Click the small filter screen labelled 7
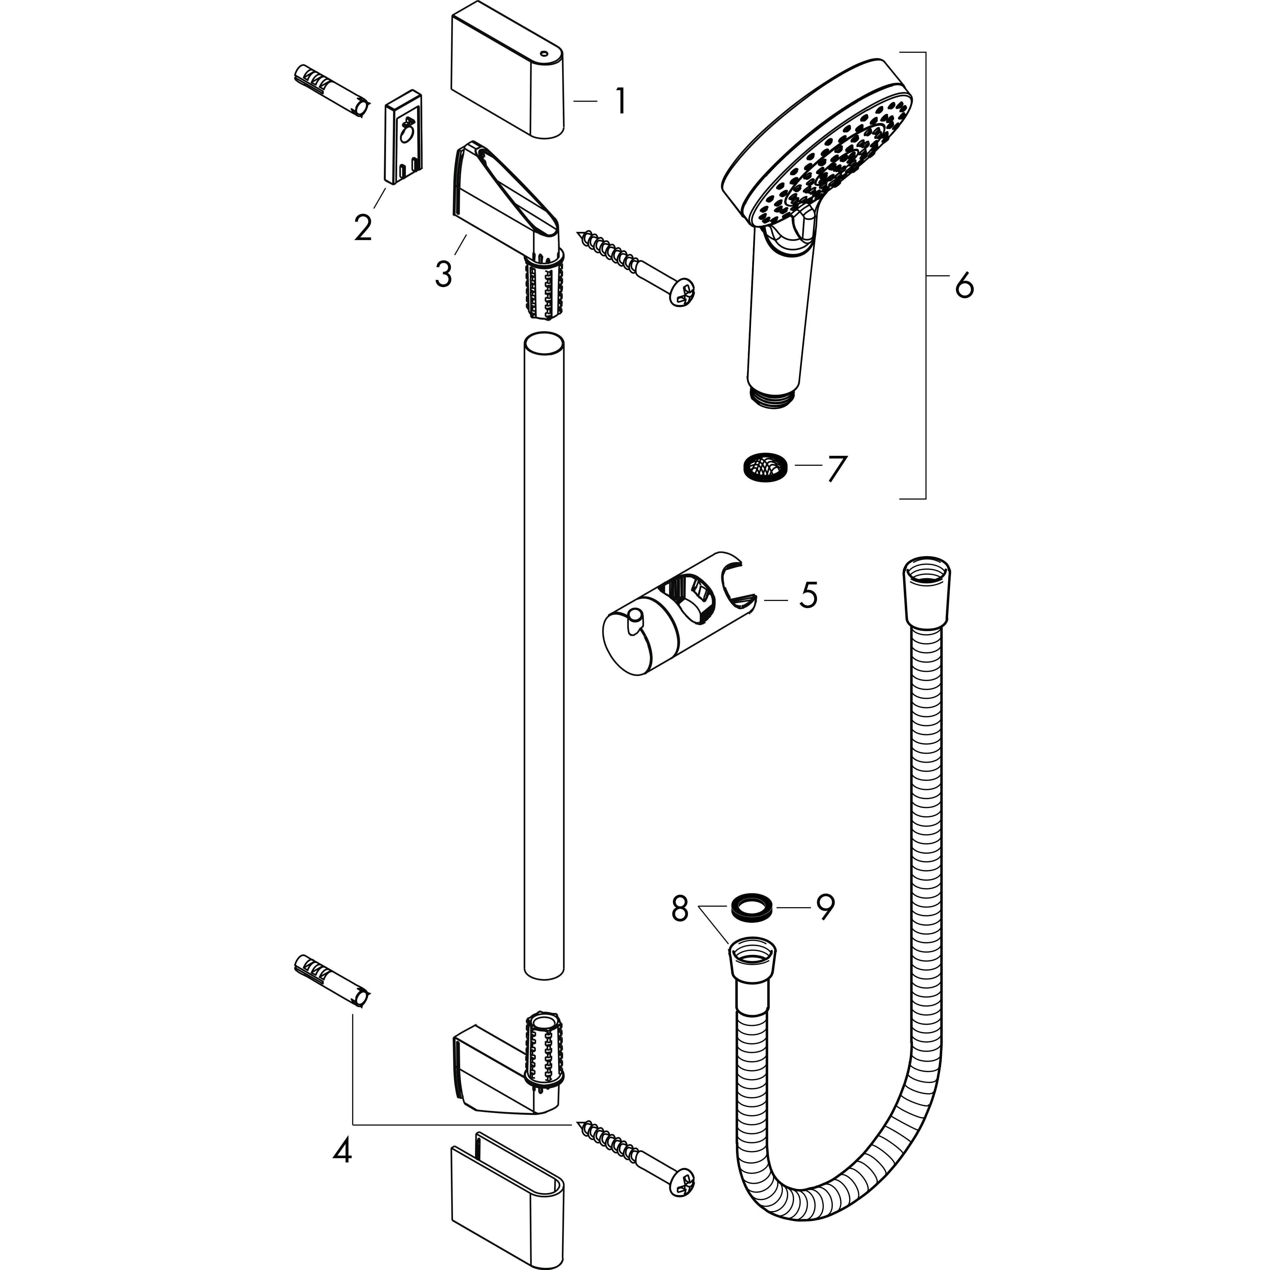[762, 467]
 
